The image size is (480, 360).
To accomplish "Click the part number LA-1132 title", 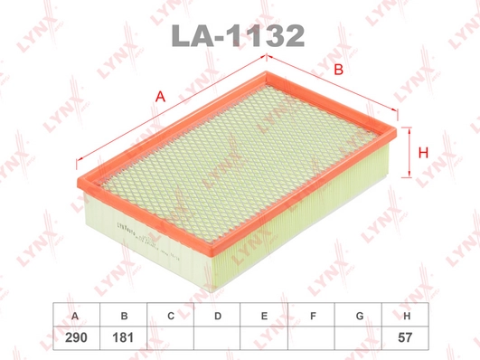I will click(240, 35).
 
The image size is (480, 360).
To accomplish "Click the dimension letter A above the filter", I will click(160, 96).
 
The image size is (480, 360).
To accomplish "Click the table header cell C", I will click(169, 317).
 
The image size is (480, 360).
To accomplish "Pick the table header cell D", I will click(217, 317).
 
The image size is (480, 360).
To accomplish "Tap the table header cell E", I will click(265, 317).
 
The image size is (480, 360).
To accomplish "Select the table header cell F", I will click(313, 317).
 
